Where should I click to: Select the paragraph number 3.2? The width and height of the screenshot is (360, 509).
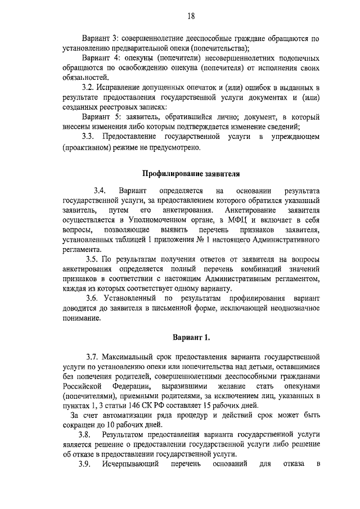coord(88,87)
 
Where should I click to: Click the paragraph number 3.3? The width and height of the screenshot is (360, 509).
coord(88,137)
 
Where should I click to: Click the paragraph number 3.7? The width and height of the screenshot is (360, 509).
coord(92,357)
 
